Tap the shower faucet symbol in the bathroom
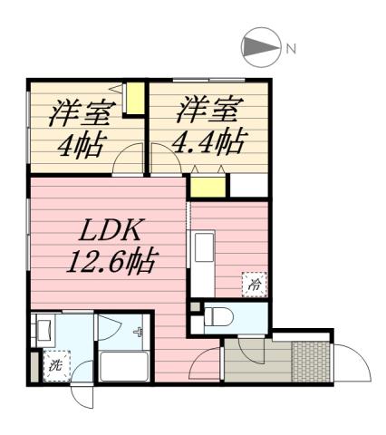click(x=138, y=332)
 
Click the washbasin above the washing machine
click(x=43, y=331)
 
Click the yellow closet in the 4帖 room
click(x=135, y=99)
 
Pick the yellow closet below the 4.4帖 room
click(x=207, y=188)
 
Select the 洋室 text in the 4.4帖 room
click(x=207, y=112)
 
